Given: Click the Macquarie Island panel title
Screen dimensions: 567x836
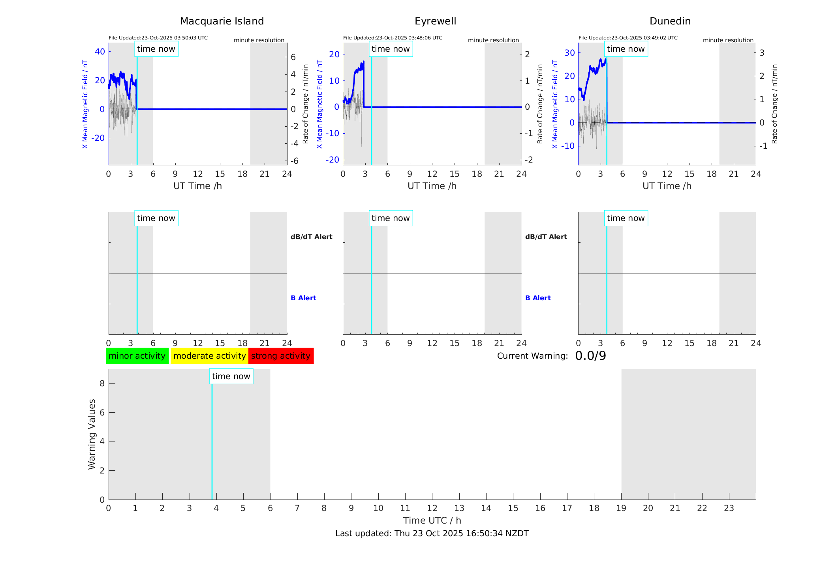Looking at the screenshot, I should (222, 21).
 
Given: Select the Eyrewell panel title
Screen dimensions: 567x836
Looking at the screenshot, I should (435, 21).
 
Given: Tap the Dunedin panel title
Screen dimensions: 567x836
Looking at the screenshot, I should (670, 21).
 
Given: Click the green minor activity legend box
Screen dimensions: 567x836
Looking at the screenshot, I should (137, 356).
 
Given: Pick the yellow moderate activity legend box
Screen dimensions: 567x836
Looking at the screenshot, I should (209, 356).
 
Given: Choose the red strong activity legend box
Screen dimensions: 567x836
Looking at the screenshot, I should (281, 356).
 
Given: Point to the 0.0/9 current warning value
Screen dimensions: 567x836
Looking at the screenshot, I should (590, 356).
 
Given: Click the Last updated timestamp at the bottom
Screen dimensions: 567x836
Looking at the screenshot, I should (432, 533).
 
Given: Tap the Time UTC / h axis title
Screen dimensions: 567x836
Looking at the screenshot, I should (432, 520).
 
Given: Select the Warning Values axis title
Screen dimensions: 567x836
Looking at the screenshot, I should (92, 434).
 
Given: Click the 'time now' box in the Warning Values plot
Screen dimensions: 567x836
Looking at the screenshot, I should (231, 376).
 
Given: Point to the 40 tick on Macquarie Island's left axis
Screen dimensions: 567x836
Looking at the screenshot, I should (100, 51).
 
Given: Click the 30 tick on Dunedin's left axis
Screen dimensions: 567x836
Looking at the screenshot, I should (569, 53).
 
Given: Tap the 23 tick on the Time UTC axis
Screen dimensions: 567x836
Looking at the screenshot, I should (729, 508).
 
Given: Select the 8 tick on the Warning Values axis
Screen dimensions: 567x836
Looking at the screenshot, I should (102, 383).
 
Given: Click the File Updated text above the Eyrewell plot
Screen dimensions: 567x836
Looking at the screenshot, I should (393, 38).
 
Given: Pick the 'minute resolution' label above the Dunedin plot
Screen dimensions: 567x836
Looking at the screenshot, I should (728, 40).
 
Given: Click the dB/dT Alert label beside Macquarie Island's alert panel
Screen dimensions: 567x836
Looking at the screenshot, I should (311, 237).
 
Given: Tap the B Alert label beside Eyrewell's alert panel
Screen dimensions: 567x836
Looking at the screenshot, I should (538, 298).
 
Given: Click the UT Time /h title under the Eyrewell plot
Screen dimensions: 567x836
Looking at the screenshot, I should (432, 186).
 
